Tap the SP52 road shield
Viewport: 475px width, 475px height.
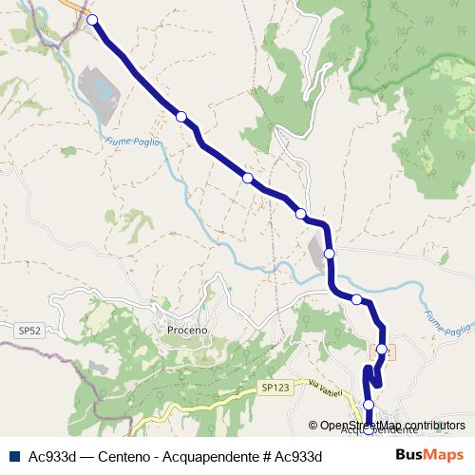point(29,331)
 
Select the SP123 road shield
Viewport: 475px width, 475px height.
point(274,388)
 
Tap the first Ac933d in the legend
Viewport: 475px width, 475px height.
point(52,456)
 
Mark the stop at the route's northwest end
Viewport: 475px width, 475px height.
point(92,20)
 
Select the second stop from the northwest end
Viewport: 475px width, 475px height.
point(181,117)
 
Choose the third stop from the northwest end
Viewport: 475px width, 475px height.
point(248,178)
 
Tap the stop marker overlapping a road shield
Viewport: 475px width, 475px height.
point(382,350)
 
